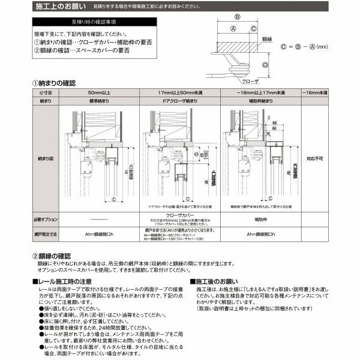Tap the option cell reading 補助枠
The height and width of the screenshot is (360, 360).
click(261, 218)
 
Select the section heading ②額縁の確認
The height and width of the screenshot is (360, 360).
click(53, 256)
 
